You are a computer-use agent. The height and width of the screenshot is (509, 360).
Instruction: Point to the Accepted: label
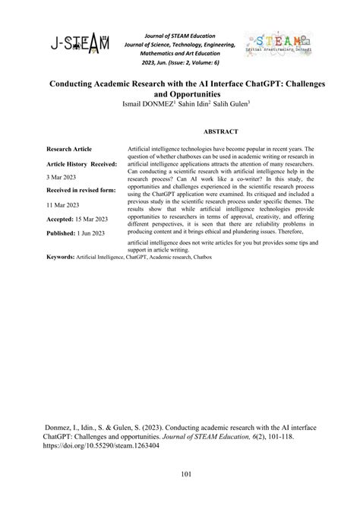pyautogui.click(x=62, y=219)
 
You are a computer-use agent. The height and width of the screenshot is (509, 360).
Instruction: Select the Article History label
pyautogui.click(x=68, y=163)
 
